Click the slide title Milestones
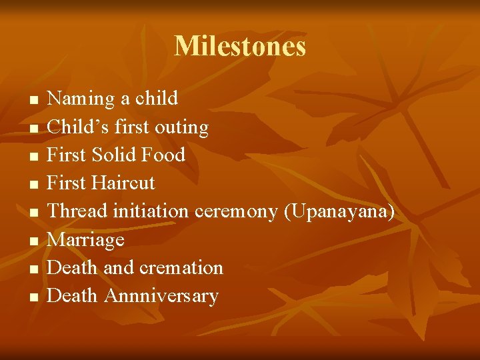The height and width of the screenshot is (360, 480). point(240,47)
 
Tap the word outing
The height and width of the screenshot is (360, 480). point(181,127)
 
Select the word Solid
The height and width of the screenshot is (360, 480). point(113,155)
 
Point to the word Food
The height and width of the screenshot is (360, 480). point(163,155)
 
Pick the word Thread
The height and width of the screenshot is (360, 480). point(77,211)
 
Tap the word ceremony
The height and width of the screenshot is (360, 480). point(237,212)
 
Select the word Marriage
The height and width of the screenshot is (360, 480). point(86,240)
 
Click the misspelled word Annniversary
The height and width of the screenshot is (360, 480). point(161,296)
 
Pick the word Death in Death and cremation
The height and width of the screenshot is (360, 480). point(73,267)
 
